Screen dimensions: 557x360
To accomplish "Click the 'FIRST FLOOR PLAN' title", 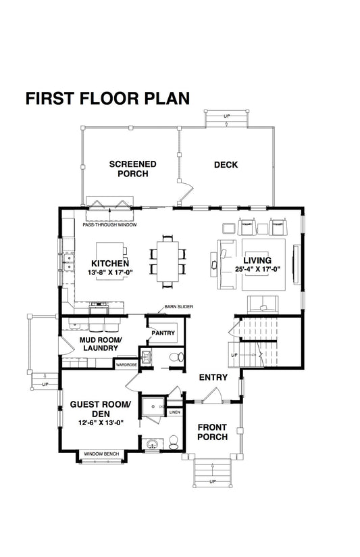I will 107,98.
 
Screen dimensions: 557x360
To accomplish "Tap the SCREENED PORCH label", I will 132,169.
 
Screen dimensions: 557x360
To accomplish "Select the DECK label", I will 226,164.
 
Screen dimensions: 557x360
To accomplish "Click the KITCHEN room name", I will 109,263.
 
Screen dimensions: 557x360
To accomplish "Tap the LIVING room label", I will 257,260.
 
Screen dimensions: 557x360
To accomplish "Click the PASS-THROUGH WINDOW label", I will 110,224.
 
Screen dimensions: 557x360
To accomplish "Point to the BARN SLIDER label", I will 178,307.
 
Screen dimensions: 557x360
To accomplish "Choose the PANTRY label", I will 163,333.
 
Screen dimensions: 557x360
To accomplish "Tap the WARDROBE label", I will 126,364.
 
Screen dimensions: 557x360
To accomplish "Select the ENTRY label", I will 213,377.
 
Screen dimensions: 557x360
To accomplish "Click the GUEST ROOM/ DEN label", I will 99,410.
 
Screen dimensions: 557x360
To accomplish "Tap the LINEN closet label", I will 174,412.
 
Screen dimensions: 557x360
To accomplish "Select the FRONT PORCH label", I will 212,431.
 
